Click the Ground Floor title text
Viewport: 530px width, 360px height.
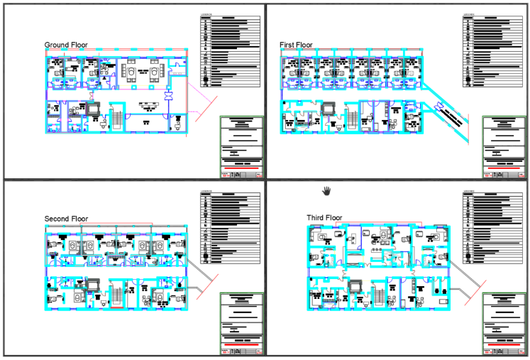(66, 45)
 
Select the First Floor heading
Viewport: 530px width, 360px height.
(296, 45)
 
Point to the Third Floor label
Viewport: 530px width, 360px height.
(324, 217)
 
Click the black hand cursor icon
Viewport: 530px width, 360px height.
(327, 190)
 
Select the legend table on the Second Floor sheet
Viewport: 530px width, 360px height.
(226, 227)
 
